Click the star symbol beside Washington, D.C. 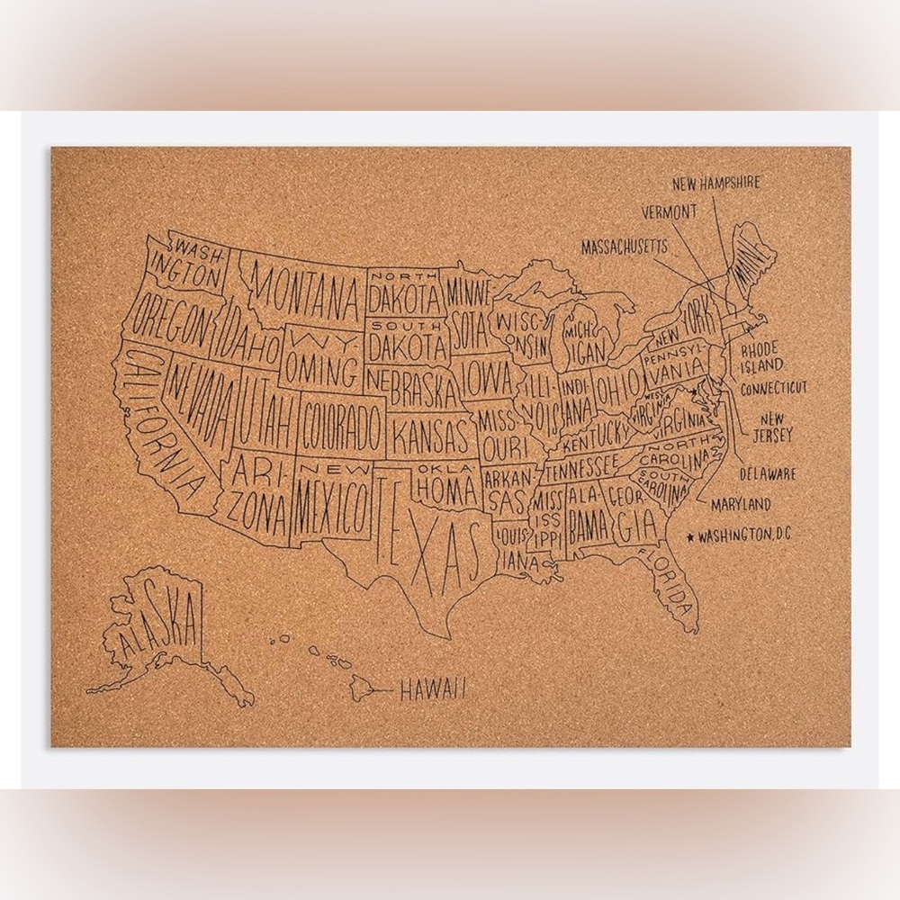tap(690, 536)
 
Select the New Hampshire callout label tap(716, 184)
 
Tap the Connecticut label tap(773, 389)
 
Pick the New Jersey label tap(775, 428)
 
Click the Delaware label tap(768, 473)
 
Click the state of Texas tap(423, 540)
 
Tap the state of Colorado tap(342, 427)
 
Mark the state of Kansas tap(432, 436)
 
